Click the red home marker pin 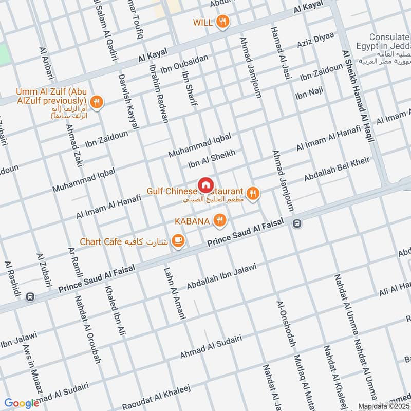(205, 184)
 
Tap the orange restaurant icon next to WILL (222, 22)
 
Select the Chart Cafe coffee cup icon (178, 241)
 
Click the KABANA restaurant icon (220, 221)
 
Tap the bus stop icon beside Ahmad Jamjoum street (296, 223)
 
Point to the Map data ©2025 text (384, 406)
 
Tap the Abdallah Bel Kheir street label (337, 169)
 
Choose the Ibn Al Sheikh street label (211, 158)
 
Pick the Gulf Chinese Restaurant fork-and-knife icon (252, 193)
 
